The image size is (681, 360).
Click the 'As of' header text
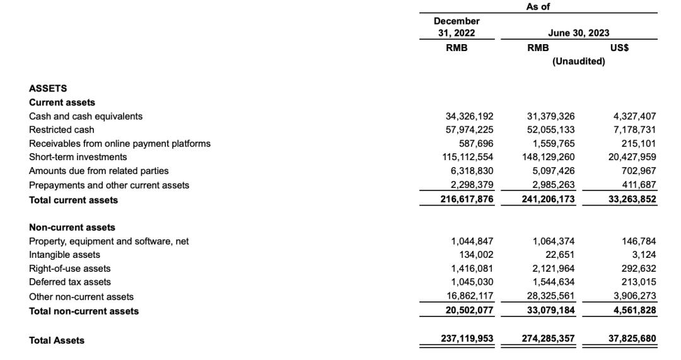[x=538, y=6]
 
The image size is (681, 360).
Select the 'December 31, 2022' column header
[x=457, y=27]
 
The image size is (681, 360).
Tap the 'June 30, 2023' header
[x=579, y=33]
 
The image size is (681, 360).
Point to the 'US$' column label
[x=619, y=47]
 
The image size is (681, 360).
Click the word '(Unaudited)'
[x=578, y=61]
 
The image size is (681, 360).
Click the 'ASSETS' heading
[x=48, y=88]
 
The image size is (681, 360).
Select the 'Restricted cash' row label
[x=62, y=130]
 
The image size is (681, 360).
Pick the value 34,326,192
[x=469, y=116]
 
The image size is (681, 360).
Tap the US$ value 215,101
[x=639, y=143]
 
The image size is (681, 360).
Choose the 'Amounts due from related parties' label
[x=99, y=171]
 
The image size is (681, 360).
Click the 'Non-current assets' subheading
[x=72, y=227]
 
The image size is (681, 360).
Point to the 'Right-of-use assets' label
[x=70, y=269]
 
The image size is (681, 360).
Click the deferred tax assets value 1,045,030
[x=472, y=282]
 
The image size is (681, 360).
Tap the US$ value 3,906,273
[x=634, y=296]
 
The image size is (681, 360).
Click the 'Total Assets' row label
[x=57, y=340]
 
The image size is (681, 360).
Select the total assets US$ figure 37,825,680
[x=632, y=339]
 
